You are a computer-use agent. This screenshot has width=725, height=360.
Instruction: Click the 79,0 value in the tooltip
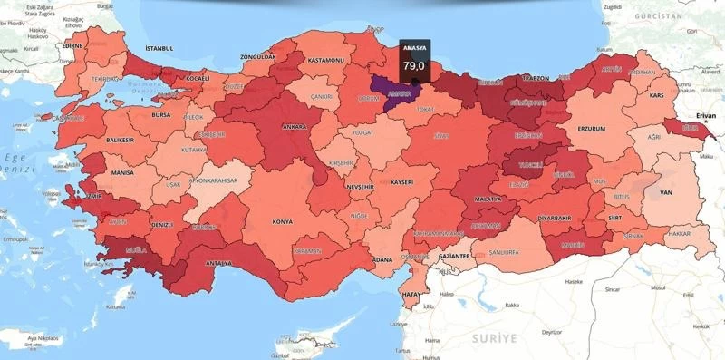[x=414, y=65]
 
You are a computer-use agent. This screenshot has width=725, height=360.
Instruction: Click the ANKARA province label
[x=295, y=127]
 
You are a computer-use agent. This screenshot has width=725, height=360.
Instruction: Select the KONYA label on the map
[x=283, y=220]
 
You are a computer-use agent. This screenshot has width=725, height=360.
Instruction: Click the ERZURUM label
[x=591, y=129]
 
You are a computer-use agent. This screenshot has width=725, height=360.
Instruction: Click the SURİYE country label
[x=492, y=337]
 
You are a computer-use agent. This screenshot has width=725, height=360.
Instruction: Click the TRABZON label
[x=536, y=78]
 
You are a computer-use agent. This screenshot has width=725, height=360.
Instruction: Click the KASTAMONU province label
[x=326, y=60]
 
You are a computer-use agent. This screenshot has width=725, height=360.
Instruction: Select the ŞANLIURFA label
[x=503, y=251]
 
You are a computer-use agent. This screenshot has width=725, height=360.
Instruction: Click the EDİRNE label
[x=72, y=45]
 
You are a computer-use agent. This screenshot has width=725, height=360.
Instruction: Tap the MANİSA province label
[x=121, y=170]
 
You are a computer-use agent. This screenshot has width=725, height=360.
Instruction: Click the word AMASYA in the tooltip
[x=414, y=50]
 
